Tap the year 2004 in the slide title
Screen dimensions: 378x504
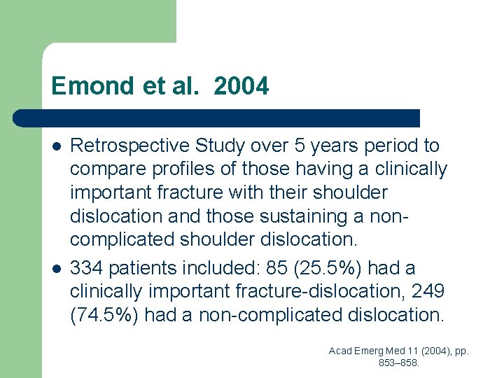(241, 86)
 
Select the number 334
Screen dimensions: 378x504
(85, 268)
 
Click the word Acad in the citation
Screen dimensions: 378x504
(341, 351)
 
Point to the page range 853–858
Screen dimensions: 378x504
(399, 363)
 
